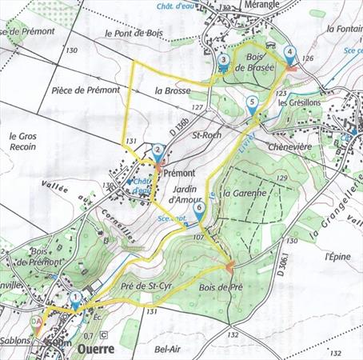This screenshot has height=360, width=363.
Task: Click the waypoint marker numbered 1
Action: (75, 298)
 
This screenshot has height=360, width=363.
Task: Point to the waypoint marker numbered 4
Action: (289, 54)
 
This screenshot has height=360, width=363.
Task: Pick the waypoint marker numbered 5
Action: (253, 102)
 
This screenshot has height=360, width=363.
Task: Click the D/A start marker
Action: (35, 322)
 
